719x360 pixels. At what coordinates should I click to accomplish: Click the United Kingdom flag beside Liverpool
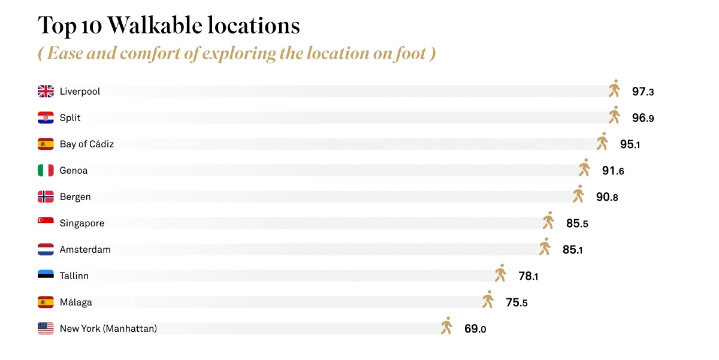[x=46, y=92]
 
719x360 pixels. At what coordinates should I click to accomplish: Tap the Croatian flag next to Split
[x=46, y=118]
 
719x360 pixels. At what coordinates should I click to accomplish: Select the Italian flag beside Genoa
[x=46, y=171]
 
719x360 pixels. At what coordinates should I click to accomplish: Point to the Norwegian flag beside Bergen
[x=46, y=197]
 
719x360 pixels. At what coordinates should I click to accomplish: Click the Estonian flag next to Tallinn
[x=46, y=276]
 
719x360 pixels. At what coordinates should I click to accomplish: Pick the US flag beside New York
[x=46, y=328]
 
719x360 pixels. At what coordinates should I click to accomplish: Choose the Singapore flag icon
[x=46, y=223]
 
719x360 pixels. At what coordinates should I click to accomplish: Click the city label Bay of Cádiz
[x=87, y=144]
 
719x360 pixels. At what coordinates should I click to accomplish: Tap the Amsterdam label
[x=85, y=250]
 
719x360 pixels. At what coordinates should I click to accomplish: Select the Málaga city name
[x=76, y=302]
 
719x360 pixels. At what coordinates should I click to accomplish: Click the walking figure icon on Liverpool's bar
[x=614, y=89]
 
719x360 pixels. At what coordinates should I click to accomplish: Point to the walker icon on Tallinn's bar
[x=500, y=273]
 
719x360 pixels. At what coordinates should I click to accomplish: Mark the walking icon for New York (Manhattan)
[x=446, y=326]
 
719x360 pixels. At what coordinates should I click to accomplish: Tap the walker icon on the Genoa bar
[x=584, y=168]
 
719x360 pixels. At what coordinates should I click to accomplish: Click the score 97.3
[x=642, y=92]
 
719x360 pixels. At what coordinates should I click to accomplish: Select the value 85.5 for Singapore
[x=576, y=223]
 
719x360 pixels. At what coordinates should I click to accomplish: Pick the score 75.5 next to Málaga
[x=516, y=302]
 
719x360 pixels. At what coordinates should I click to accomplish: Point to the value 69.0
[x=475, y=329]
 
